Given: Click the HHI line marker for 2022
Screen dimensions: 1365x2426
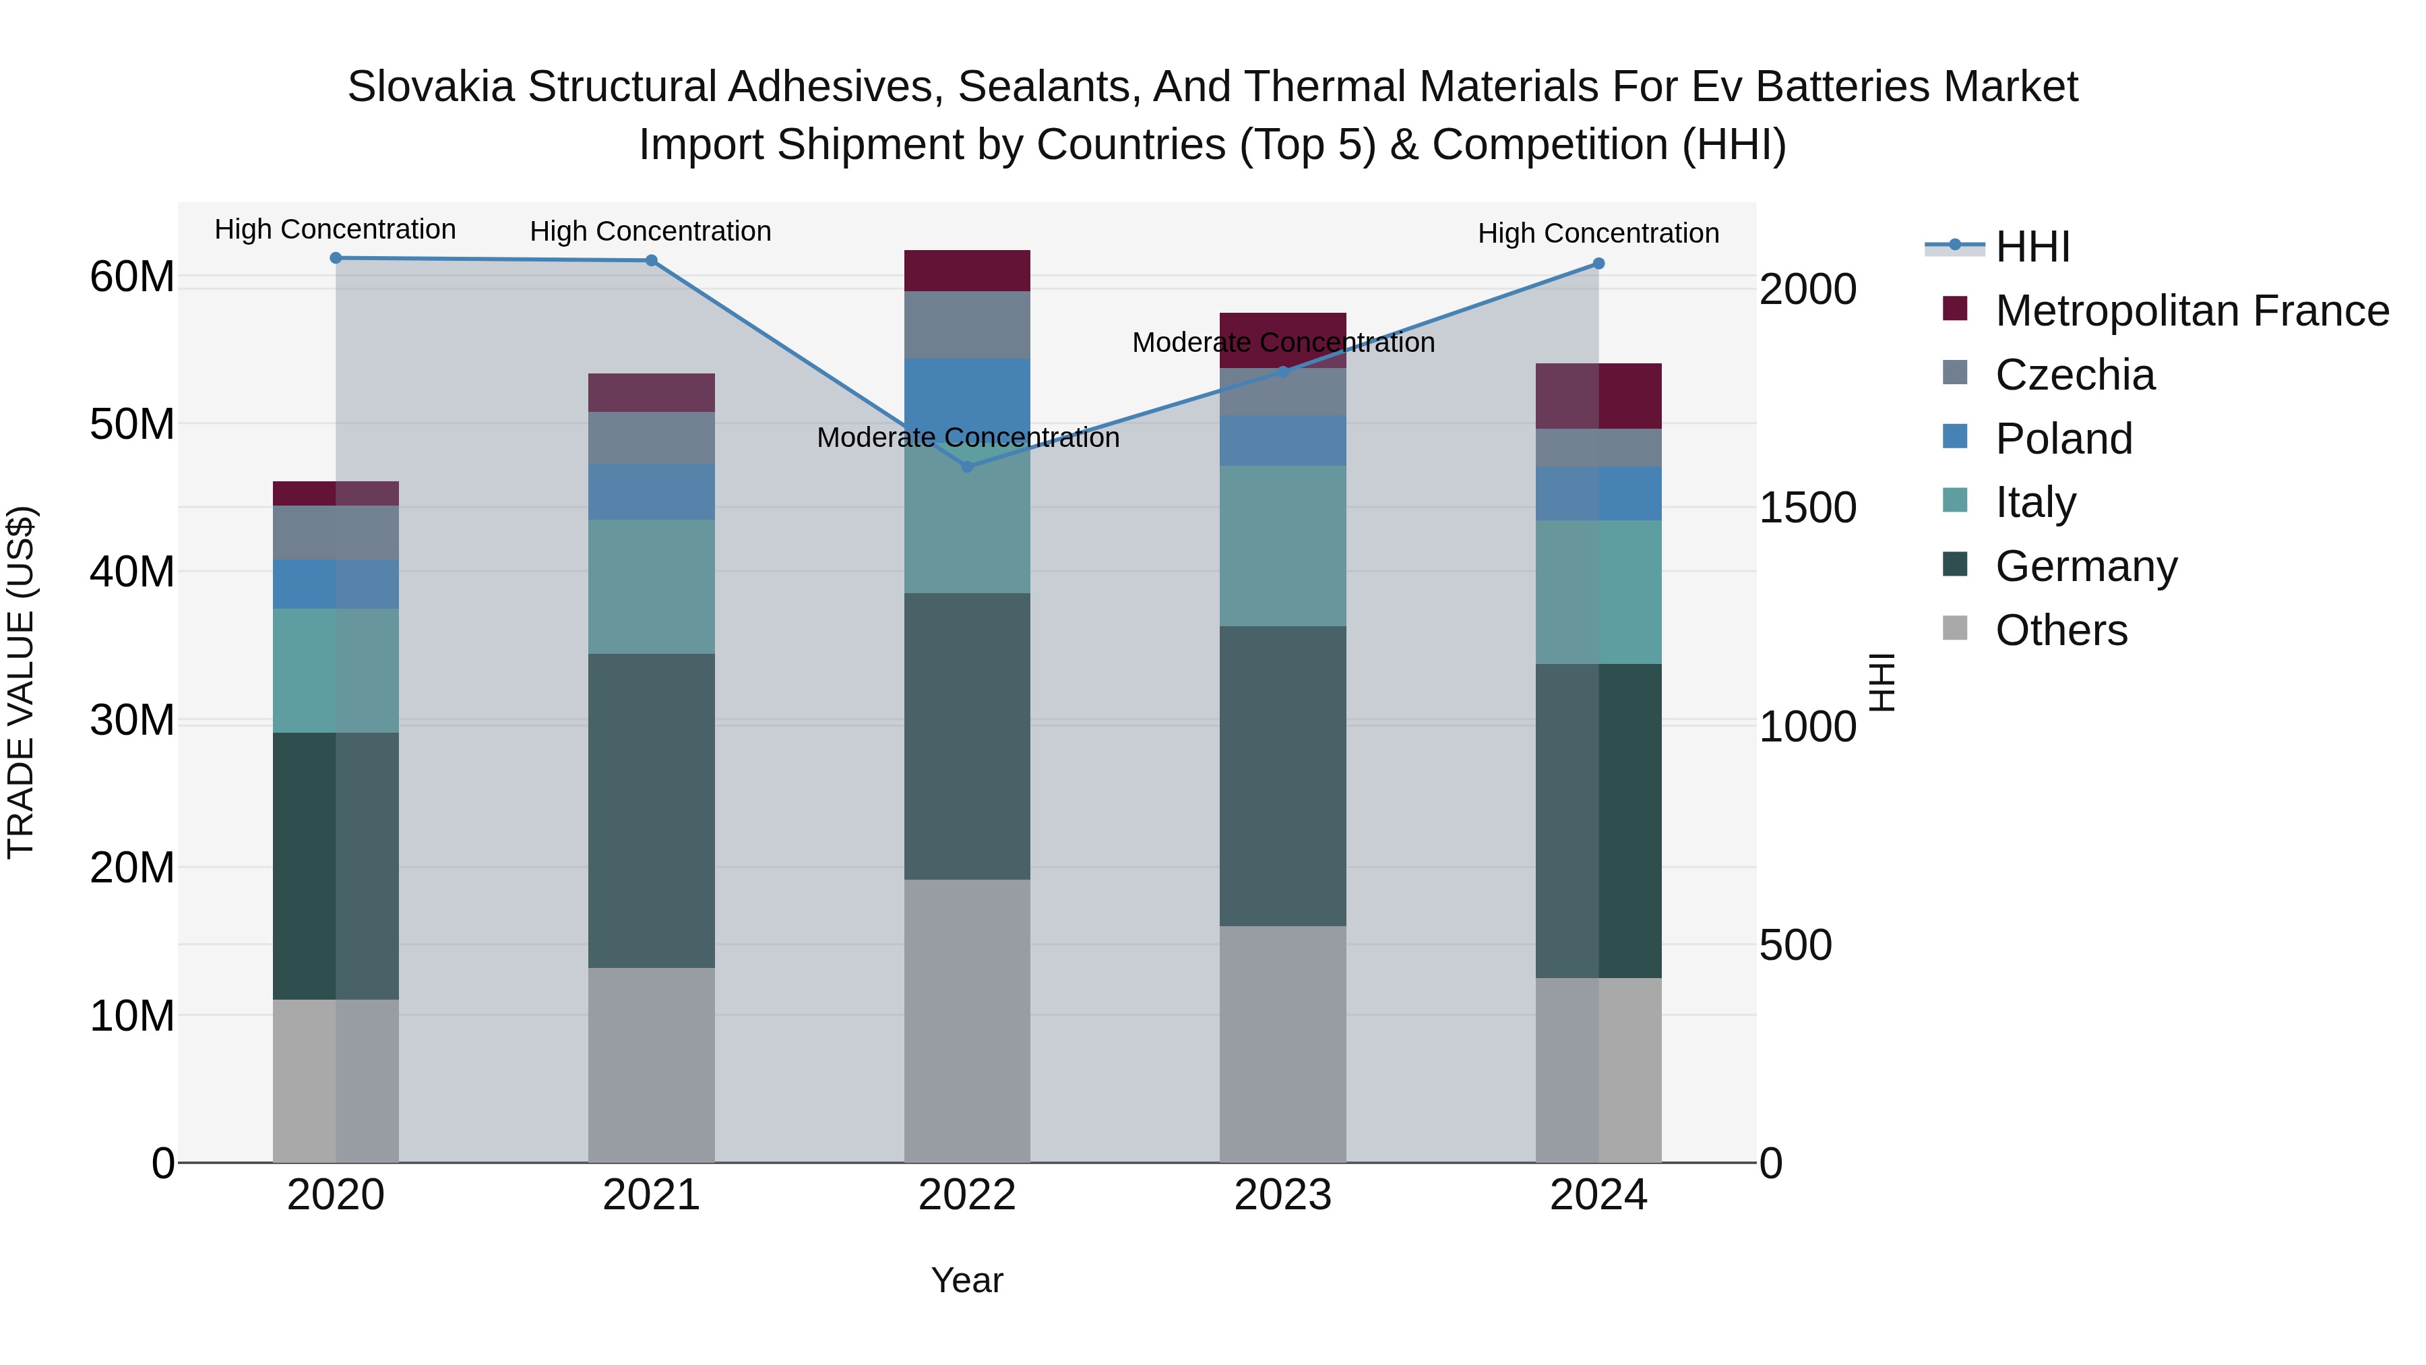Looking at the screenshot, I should pyautogui.click(x=966, y=466).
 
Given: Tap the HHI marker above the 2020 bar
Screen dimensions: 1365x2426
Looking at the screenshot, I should pyautogui.click(x=336, y=257).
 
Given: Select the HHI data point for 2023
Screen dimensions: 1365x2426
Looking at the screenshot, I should pyautogui.click(x=1282, y=371).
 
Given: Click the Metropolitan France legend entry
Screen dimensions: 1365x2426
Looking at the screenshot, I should pyautogui.click(x=2191, y=311).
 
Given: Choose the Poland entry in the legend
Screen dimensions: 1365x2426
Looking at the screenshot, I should pyautogui.click(x=2063, y=439).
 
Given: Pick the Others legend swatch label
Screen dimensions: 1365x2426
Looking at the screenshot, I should pyautogui.click(x=2061, y=630).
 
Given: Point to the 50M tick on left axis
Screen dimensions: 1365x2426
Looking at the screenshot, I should pyautogui.click(x=132, y=425).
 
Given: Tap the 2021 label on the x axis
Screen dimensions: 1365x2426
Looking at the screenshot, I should pyautogui.click(x=651, y=1195).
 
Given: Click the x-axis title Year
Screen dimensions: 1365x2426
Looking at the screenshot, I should pyautogui.click(x=966, y=1280).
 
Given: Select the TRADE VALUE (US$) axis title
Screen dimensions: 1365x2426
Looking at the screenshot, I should pyautogui.click(x=21, y=682).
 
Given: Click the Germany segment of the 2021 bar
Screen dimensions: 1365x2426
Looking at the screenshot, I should pyautogui.click(x=651, y=810).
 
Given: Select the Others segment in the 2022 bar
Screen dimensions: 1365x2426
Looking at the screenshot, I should pyautogui.click(x=966, y=1021).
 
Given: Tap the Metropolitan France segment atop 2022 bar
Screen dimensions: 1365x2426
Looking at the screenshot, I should pyautogui.click(x=966, y=270).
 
